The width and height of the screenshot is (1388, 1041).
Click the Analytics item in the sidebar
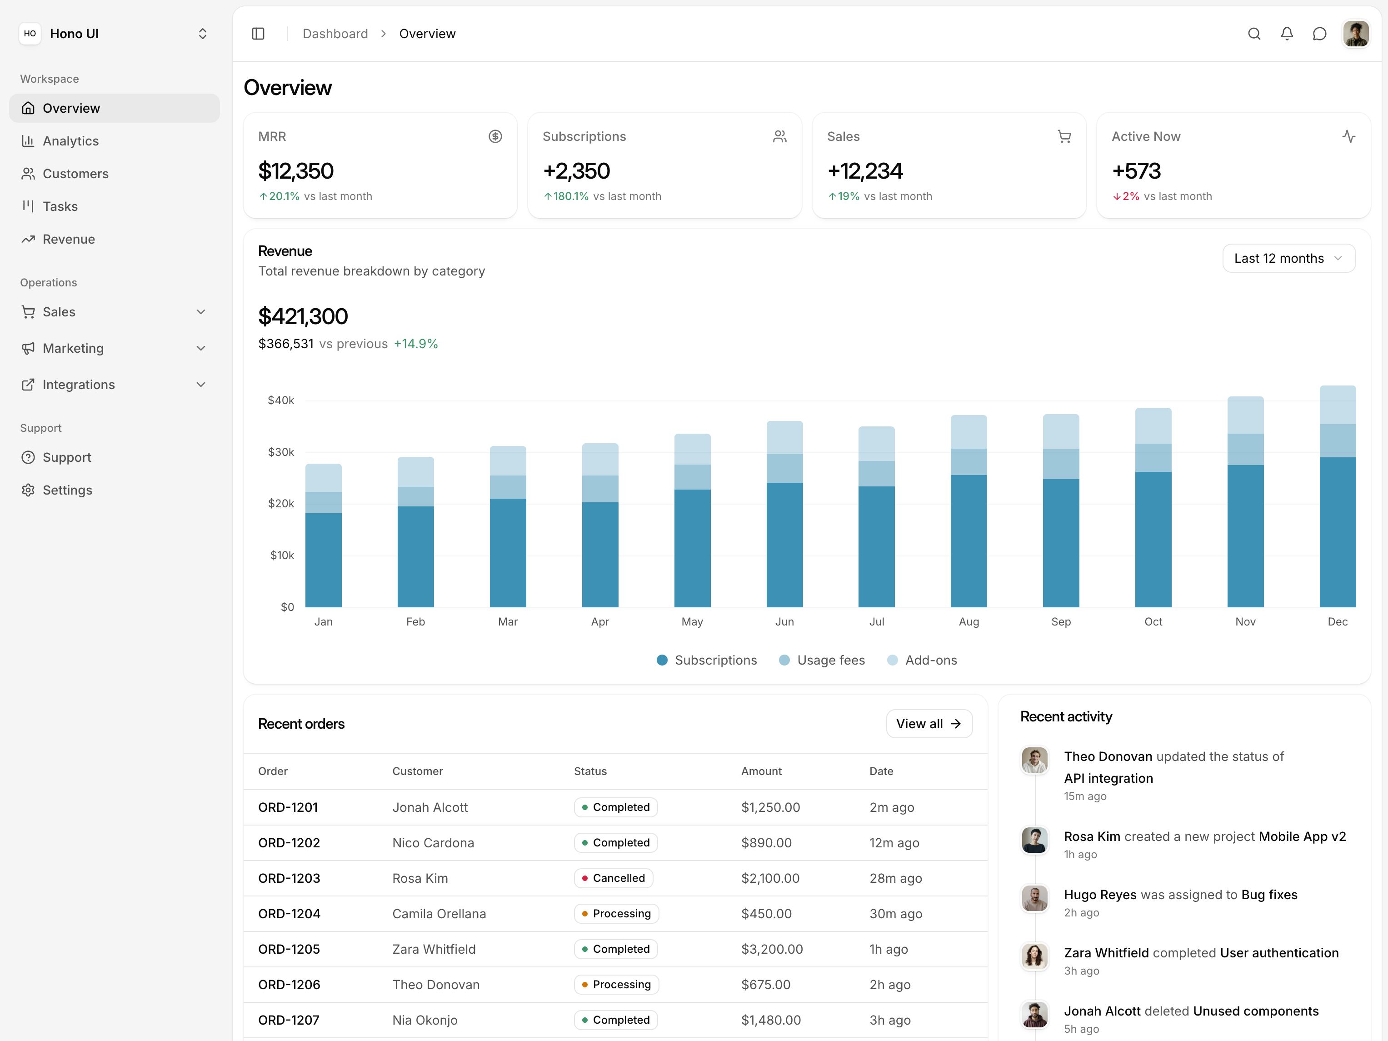coord(70,141)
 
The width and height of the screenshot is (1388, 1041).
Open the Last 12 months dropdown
coord(1288,259)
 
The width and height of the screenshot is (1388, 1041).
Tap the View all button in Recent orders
coord(929,724)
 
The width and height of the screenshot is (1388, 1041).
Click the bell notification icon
coord(1286,34)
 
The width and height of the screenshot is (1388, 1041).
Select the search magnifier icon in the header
coord(1254,34)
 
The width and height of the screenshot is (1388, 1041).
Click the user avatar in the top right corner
coord(1355,34)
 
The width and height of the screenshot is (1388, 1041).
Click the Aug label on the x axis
coord(968,621)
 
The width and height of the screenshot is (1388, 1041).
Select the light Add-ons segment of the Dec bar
coord(1337,405)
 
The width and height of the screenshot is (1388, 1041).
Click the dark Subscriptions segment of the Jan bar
coord(323,560)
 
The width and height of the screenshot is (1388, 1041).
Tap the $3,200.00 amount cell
coord(772,949)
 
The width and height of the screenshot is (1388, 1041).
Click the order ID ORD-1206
coord(289,985)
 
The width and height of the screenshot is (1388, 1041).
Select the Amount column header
coord(761,771)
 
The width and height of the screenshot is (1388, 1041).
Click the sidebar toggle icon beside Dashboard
coord(258,34)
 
